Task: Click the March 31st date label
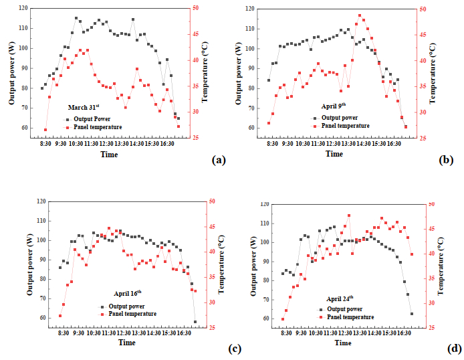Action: pyautogui.click(x=84, y=107)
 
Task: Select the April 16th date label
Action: pyautogui.click(x=127, y=293)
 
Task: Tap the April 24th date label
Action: pyautogui.click(x=340, y=298)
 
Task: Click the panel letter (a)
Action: pyautogui.click(x=219, y=160)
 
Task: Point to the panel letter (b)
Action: pyautogui.click(x=446, y=160)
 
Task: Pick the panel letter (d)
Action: pyautogui.click(x=454, y=348)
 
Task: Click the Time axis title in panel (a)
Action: pyautogui.click(x=109, y=154)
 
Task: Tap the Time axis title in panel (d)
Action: pyautogui.click(x=343, y=343)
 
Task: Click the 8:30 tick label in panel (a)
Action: pyautogui.click(x=45, y=143)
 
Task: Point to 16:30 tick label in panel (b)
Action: pyautogui.click(x=393, y=143)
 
